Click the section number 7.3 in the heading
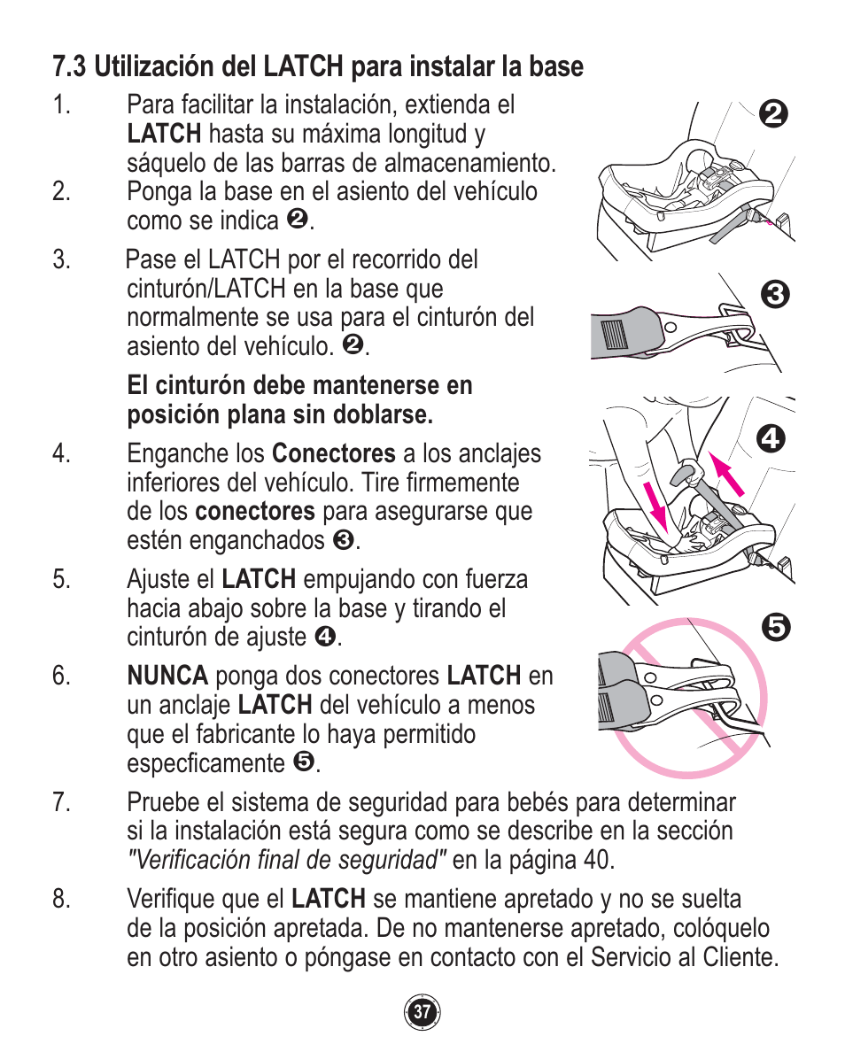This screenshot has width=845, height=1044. pos(70,66)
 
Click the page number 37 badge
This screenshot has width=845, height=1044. pos(422,1011)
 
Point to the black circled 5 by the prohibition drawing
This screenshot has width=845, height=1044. pos(773,628)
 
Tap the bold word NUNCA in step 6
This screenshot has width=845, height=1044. pos(167,677)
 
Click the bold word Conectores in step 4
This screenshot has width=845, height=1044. pos(333,454)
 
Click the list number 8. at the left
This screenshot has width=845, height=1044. pos(60,900)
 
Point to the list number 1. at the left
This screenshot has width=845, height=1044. pos(60,105)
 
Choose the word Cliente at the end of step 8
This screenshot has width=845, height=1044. pos(740,958)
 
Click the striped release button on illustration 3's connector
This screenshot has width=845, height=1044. pos(613,336)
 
